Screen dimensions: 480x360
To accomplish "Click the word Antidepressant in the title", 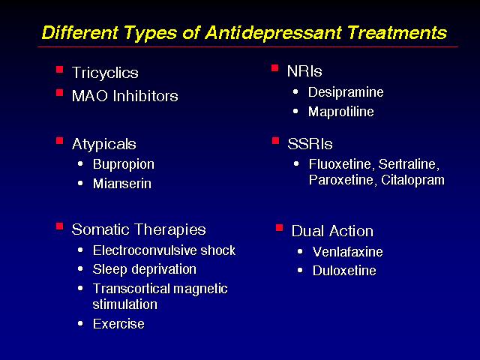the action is pos(274,32).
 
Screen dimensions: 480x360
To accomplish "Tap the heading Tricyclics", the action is pos(105,73).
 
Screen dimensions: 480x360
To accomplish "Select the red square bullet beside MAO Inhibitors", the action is pos(59,92).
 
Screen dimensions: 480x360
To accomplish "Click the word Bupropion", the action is pos(124,165).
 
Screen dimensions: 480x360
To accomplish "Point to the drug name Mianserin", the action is pos(122,184).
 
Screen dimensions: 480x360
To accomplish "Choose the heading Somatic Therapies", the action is pos(139,229).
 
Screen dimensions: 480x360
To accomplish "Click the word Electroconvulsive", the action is pos(145,250).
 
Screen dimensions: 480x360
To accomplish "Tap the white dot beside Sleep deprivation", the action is pos(80,269).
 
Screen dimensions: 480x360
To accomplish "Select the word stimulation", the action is pos(125,304).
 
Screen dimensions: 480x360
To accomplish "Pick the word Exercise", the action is pos(118,324).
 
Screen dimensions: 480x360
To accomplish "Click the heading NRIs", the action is pos(304,72).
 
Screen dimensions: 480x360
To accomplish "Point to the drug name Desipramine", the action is pos(346,92).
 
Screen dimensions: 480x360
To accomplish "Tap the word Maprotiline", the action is pos(341,112).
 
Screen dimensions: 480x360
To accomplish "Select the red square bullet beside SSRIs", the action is pos(275,141).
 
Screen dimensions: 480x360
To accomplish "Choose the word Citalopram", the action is pos(413,180).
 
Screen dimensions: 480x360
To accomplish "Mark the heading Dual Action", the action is pos(332,231).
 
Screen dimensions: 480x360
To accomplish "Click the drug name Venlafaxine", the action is pos(348,252).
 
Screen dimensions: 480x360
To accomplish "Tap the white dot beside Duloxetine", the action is pos(300,271).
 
